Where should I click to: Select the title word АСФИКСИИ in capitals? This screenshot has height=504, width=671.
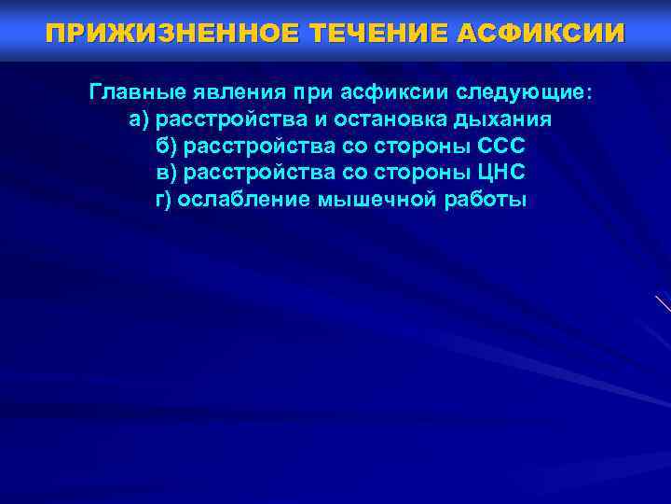tap(541, 34)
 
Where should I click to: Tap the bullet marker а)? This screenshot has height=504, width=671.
tap(139, 120)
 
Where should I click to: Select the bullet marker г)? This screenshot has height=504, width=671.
tap(164, 199)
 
